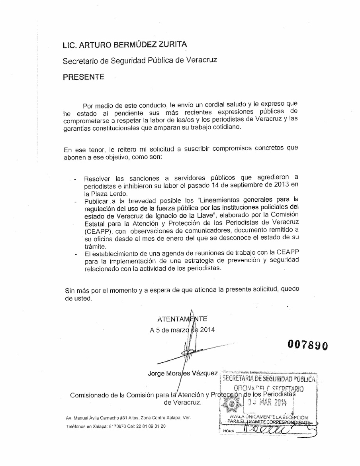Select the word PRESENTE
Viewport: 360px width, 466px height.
[84, 77]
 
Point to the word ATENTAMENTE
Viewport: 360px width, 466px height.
[182, 319]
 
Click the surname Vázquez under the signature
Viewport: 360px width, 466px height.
[204, 373]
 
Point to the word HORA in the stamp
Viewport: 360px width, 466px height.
[228, 431]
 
